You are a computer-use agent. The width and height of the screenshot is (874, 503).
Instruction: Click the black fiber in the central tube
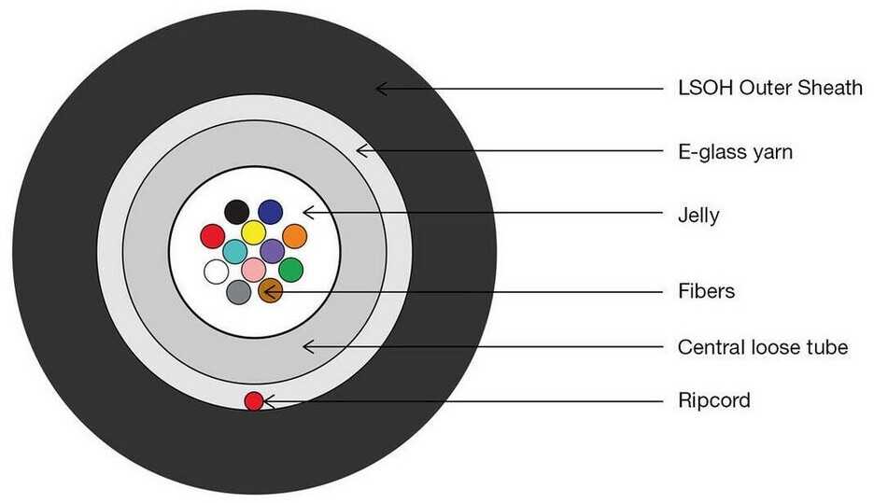click(237, 212)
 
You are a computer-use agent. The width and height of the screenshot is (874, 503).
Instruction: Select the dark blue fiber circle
click(271, 212)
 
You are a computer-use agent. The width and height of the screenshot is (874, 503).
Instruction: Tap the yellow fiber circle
click(253, 232)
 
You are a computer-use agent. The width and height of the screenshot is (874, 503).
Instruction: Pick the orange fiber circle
click(294, 235)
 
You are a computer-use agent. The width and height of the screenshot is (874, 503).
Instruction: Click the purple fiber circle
click(272, 250)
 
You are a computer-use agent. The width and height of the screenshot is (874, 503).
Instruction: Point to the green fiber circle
click(291, 270)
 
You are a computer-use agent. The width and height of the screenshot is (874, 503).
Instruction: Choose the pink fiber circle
click(254, 270)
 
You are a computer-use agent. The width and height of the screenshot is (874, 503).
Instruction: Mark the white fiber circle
click(216, 272)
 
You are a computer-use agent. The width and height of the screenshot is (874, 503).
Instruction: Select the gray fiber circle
click(238, 292)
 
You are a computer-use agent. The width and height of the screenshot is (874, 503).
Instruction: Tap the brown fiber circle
click(270, 292)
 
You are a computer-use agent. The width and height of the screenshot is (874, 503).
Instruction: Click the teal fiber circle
click(235, 250)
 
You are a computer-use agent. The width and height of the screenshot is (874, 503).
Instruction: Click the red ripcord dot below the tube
click(253, 401)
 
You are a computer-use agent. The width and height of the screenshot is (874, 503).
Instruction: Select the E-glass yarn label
click(735, 151)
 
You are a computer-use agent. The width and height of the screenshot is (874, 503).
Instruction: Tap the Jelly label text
click(698, 216)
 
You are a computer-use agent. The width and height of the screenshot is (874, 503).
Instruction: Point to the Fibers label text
click(706, 291)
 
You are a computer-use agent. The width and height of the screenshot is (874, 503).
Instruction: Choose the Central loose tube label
click(762, 347)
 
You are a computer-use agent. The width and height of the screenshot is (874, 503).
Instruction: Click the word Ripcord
click(713, 401)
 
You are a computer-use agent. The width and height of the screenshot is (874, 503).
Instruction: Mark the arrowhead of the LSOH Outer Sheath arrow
click(379, 89)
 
